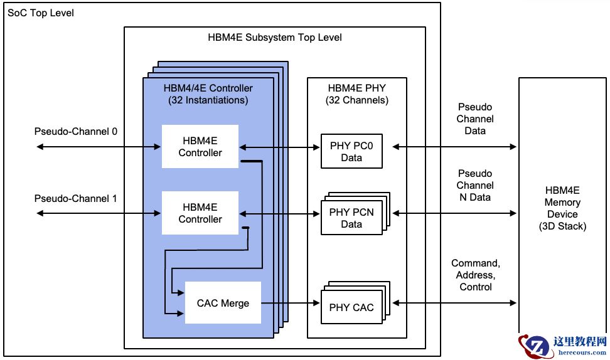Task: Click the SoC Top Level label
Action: point(40,13)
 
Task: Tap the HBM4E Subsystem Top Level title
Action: point(275,37)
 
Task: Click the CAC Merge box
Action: point(223,303)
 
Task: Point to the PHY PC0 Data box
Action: point(351,151)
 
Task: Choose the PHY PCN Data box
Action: point(351,218)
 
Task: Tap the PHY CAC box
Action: point(351,307)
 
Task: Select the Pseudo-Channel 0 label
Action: point(75,132)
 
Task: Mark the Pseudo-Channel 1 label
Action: point(75,198)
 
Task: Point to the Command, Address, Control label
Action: point(475,275)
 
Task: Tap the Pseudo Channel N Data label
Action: point(475,185)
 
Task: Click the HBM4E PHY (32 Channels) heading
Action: point(357,94)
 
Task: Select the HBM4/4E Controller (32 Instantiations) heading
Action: point(208,94)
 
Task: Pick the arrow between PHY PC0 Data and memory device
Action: point(454,147)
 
